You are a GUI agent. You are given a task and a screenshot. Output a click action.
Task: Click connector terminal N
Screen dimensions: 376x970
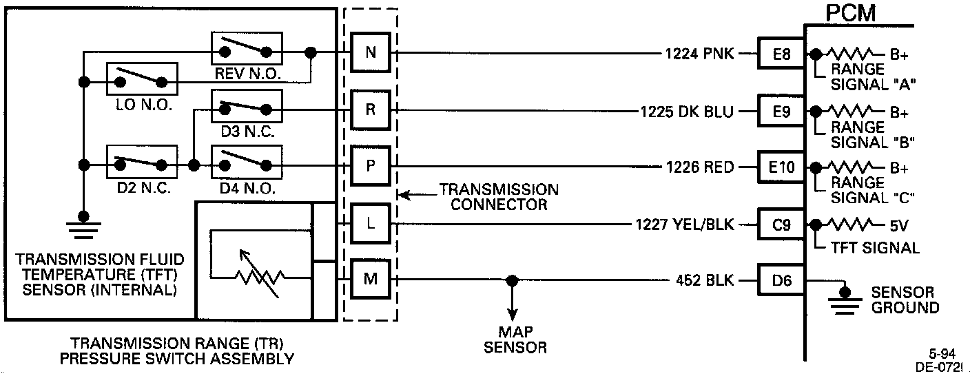coord(371,52)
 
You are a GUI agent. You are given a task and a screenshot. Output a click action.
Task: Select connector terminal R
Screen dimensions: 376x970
coord(371,109)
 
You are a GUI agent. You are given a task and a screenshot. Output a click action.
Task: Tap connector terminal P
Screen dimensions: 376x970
coord(371,167)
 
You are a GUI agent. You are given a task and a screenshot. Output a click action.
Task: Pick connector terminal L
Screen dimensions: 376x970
coord(371,224)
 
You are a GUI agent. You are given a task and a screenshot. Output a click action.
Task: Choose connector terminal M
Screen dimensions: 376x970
coord(371,280)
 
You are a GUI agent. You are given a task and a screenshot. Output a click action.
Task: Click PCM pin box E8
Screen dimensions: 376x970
coord(781,53)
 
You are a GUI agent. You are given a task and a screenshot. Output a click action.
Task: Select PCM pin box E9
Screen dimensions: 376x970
coord(781,110)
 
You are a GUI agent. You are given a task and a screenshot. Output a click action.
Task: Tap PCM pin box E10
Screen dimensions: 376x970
coord(781,167)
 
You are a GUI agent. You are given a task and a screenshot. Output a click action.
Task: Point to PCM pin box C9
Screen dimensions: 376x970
coord(781,224)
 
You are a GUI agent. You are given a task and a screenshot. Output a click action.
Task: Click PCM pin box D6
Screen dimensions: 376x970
coord(781,280)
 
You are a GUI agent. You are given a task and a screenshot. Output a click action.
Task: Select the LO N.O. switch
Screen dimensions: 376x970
coord(141,80)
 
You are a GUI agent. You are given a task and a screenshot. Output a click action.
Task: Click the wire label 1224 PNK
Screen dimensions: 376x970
coord(700,53)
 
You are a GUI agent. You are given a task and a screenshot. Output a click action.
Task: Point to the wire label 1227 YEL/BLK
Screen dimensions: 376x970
coord(685,224)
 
